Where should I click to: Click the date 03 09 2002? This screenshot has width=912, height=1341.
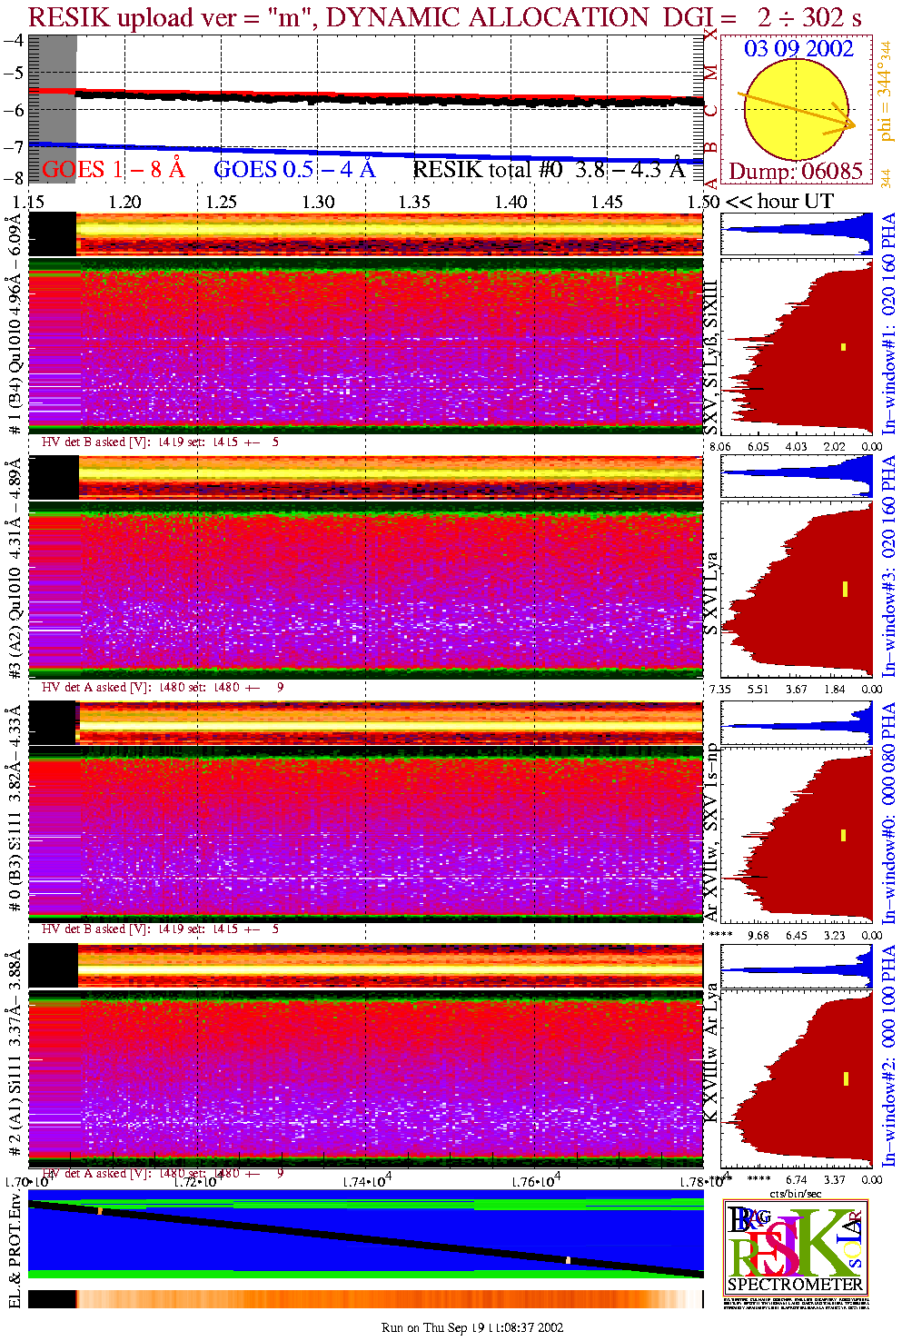798,48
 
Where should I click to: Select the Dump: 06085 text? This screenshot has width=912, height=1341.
796,171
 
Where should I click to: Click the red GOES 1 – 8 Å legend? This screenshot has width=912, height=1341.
113,169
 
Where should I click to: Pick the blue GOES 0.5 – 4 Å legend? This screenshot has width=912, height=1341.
294,169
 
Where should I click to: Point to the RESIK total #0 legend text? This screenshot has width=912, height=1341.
549,169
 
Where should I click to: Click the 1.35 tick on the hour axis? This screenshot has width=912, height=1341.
414,202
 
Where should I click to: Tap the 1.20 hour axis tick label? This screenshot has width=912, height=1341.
124,202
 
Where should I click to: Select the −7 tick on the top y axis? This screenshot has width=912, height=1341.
14,147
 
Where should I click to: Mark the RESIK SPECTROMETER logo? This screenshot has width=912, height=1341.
795,1247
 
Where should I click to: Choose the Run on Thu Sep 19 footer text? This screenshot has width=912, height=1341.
472,1327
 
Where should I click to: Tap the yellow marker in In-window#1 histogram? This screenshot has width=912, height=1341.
844,346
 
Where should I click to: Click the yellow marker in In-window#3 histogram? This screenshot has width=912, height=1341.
845,589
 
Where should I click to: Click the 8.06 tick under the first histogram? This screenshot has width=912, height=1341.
719,446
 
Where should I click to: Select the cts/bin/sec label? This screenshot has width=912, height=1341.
795,1193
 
